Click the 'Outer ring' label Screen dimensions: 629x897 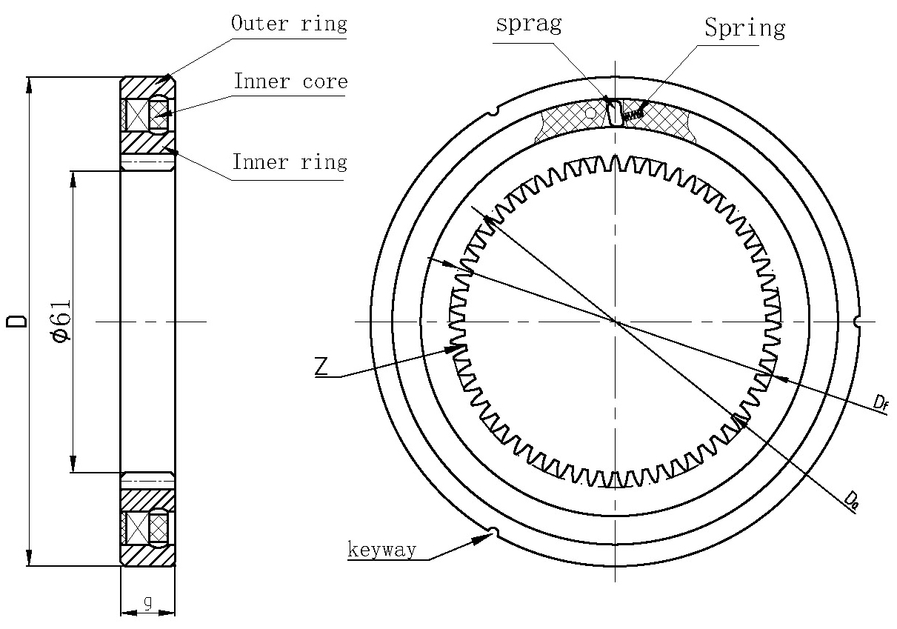pos(289,24)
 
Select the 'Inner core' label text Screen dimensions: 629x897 pos(290,81)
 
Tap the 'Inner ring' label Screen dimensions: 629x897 pos(290,162)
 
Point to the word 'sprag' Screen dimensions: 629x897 pos(528,24)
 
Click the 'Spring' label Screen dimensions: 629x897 pos(744,29)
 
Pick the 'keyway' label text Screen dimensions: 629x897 pos(382,550)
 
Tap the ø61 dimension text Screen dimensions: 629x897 pos(62,321)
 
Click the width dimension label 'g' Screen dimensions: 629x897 pos(147,605)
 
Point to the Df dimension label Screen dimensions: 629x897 pos(880,402)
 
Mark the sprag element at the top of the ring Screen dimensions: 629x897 pos(614,113)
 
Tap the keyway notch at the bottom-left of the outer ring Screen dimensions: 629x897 pos(493,530)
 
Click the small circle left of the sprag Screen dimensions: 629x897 pos(590,113)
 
